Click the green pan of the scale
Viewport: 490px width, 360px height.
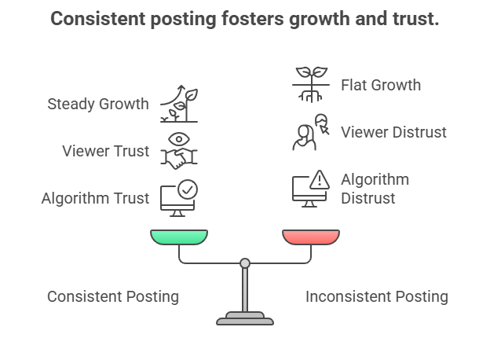tap(179, 237)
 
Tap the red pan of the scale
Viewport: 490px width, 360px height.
tap(311, 237)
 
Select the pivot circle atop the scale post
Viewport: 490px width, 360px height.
tap(245, 263)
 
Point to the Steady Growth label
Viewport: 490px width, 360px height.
tap(98, 104)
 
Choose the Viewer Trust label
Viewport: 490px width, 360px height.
tap(106, 151)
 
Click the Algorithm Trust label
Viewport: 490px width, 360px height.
tap(95, 198)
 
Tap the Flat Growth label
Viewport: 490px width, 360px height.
tap(381, 85)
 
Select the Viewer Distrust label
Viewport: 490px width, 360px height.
tap(393, 132)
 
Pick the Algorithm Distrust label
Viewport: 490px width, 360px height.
tap(375, 189)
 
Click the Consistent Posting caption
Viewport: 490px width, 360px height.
tap(113, 296)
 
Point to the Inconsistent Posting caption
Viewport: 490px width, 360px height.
tap(377, 296)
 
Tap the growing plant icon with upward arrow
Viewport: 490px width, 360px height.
tap(179, 104)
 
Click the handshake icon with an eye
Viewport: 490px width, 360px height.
tap(179, 150)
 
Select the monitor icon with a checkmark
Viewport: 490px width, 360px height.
tap(179, 197)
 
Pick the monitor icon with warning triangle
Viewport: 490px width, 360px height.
tap(310, 189)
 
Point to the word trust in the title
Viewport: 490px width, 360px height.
tap(414, 19)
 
